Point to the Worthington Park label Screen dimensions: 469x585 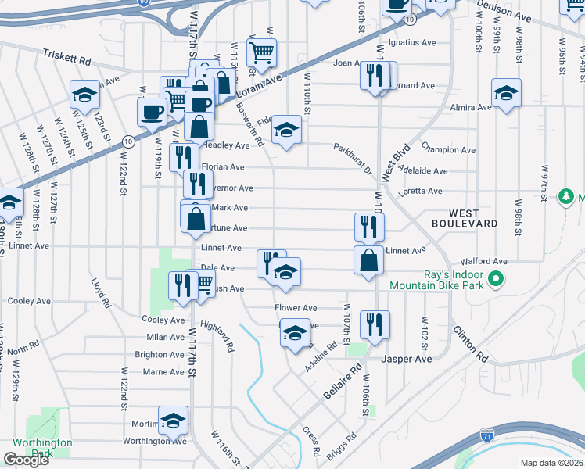[x=42, y=448]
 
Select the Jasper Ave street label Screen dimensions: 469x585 [x=407, y=359]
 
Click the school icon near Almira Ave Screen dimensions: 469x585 [x=506, y=94]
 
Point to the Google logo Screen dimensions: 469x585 [x=26, y=460]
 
